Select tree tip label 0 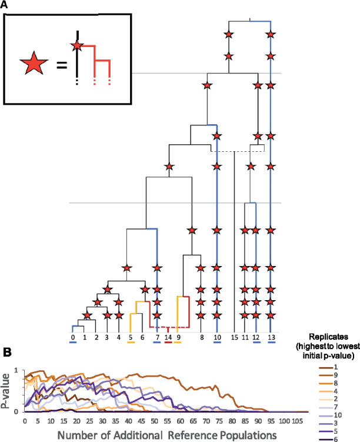(x=73, y=337)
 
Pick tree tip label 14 (x=168, y=337)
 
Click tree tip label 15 (x=234, y=337)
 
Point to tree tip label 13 (x=270, y=337)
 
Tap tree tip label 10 (x=216, y=337)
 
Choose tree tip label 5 (x=131, y=337)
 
